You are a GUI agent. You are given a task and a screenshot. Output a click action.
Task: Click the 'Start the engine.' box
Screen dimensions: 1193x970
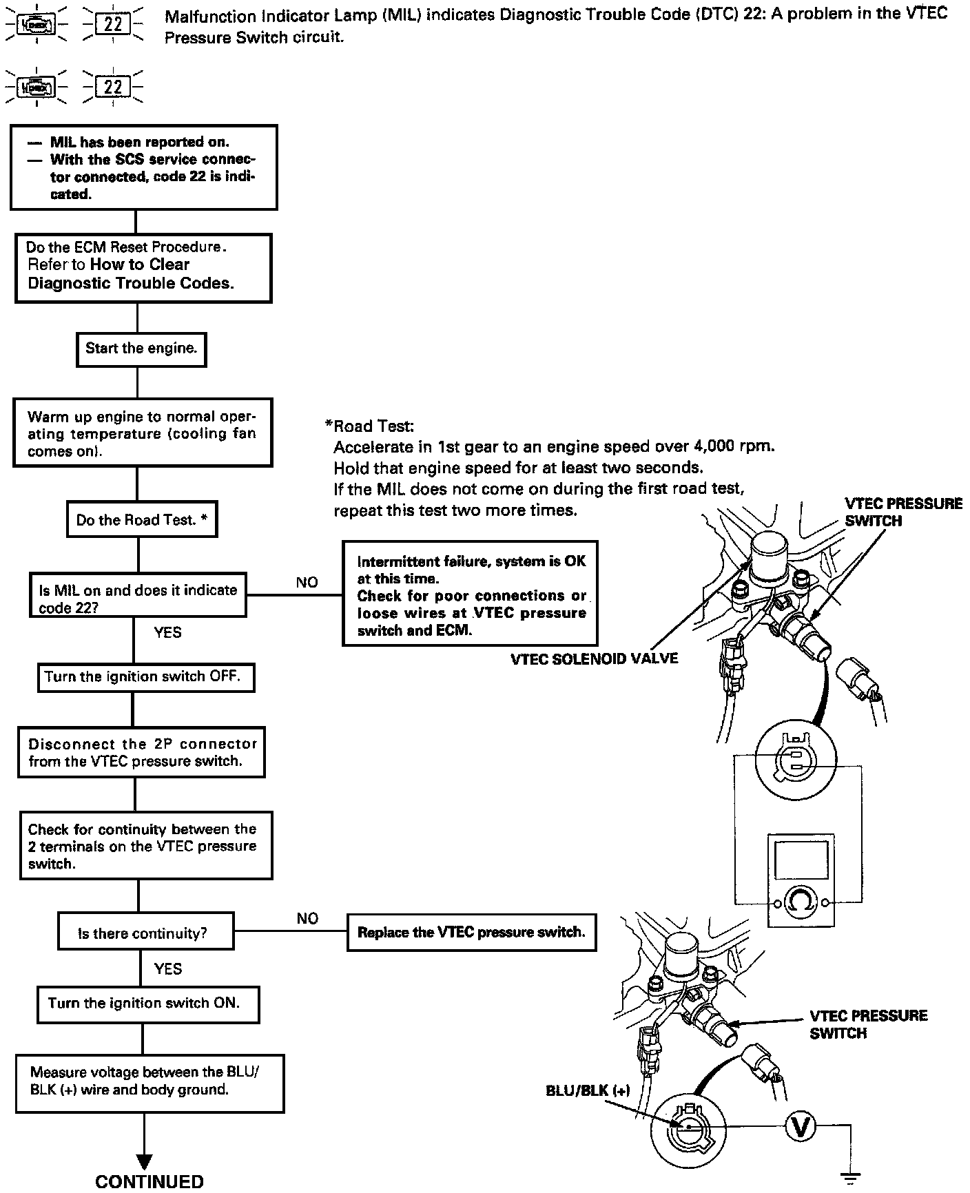pyautogui.click(x=141, y=349)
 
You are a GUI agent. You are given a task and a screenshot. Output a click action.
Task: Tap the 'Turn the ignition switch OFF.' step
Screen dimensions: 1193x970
pyautogui.click(x=145, y=677)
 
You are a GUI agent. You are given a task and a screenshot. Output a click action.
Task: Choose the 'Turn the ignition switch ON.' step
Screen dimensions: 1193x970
pyautogui.click(x=147, y=1004)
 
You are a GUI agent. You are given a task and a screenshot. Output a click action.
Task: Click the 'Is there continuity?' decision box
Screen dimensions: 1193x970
pyautogui.click(x=145, y=933)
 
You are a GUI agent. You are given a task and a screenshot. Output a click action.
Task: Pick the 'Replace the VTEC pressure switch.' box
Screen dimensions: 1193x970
pyautogui.click(x=471, y=933)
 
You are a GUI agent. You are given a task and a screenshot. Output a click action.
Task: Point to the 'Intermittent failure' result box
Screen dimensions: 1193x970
pyautogui.click(x=470, y=593)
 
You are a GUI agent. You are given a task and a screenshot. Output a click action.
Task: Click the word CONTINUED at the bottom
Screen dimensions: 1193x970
pyautogui.click(x=149, y=1181)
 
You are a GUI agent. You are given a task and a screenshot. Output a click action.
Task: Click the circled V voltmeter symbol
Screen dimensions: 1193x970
pyautogui.click(x=801, y=1126)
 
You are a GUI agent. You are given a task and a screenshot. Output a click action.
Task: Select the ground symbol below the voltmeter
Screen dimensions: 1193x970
pyautogui.click(x=852, y=1179)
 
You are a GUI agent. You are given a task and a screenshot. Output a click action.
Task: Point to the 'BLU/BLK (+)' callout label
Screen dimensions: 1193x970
pyautogui.click(x=588, y=1090)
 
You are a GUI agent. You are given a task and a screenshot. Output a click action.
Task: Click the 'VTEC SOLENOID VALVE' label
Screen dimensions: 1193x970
pyautogui.click(x=594, y=659)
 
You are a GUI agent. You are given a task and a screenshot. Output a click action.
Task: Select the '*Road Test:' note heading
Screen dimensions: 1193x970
pyautogui.click(x=369, y=426)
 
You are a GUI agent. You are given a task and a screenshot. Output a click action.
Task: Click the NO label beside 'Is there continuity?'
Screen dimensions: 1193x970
pyautogui.click(x=307, y=918)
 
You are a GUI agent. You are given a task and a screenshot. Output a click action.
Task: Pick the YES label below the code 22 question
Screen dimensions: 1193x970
pyautogui.click(x=167, y=632)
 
